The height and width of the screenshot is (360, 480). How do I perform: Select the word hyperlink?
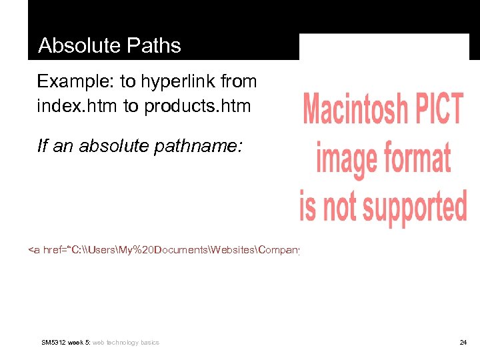170,82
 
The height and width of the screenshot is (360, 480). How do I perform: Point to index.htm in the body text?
77,106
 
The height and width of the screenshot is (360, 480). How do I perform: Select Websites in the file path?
233,250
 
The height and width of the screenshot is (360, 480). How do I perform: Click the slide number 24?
463,343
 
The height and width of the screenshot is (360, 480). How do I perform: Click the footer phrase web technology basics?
126,343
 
